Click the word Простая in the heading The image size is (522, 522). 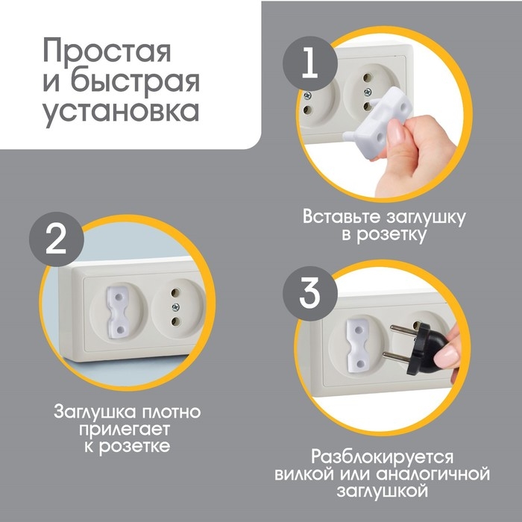107,53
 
